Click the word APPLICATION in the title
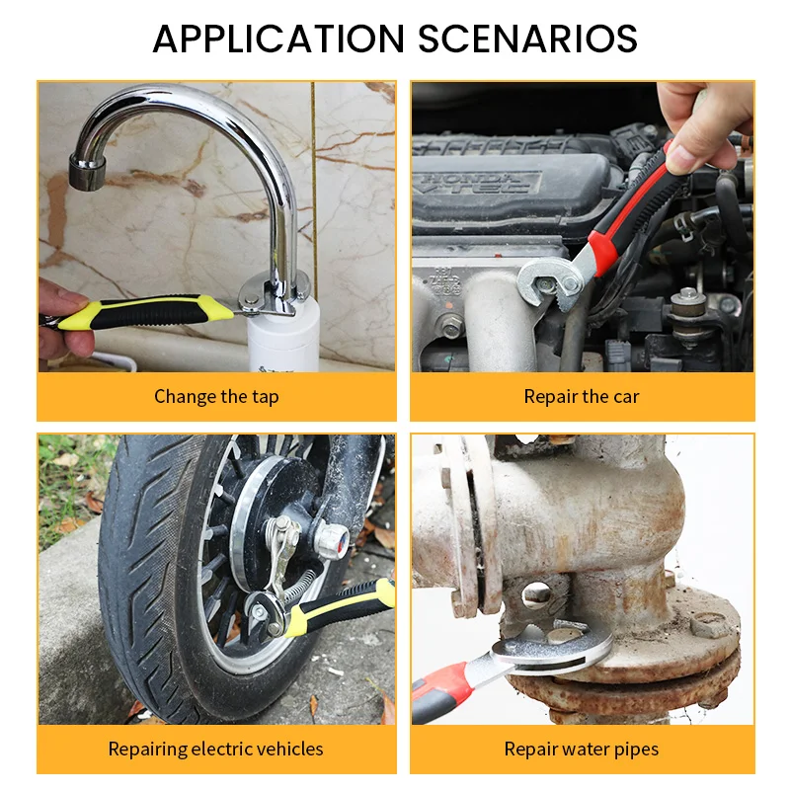pos(278,39)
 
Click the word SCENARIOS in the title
pos(527,39)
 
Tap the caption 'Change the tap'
pos(216,397)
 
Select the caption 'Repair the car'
pos(582,397)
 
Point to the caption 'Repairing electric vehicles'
pos(215,750)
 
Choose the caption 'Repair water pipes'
pos(582,750)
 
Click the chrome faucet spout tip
pos(87,172)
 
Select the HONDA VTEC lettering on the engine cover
pos(477,183)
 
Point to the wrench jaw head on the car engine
pos(551,283)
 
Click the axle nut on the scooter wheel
pos(331,540)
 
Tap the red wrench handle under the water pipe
pos(439,693)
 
